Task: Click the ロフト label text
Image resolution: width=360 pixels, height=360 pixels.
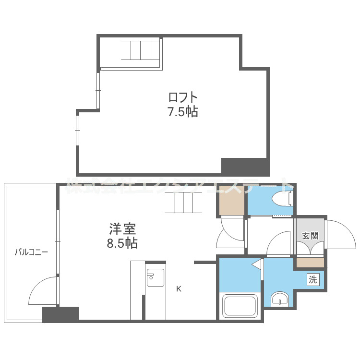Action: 183,97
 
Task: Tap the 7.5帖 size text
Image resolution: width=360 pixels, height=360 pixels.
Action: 183,112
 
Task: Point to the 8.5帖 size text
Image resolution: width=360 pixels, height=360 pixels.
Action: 122,243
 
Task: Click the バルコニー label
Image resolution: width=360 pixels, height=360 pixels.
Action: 31,251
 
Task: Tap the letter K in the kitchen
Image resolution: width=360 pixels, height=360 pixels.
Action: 179,289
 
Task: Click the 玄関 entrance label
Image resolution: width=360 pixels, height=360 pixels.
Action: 310,236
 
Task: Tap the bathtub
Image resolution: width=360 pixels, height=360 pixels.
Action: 240,306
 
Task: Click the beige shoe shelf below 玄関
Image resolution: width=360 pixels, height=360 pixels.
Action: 310,263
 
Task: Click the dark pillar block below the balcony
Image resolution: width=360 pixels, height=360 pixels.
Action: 60,314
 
